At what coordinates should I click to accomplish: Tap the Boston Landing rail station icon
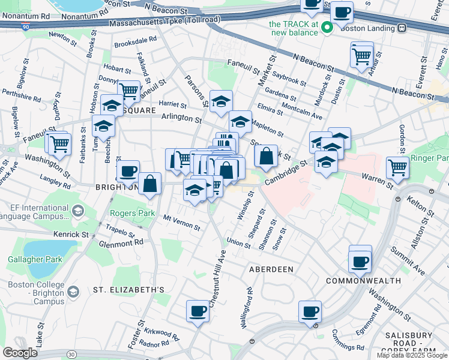(401, 28)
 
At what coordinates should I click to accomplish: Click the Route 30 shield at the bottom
(71, 355)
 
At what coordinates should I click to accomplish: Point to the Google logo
(20, 352)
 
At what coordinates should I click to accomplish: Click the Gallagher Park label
(30, 260)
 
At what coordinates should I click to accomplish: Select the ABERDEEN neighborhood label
(271, 270)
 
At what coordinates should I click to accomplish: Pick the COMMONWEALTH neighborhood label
(363, 281)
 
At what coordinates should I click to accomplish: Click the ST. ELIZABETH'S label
(128, 290)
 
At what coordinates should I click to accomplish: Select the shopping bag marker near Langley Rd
(149, 184)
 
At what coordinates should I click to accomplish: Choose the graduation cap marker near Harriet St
(221, 100)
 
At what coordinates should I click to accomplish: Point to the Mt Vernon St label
(182, 223)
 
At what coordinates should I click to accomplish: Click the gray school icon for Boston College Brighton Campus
(73, 292)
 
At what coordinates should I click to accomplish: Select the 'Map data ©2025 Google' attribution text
(412, 355)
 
